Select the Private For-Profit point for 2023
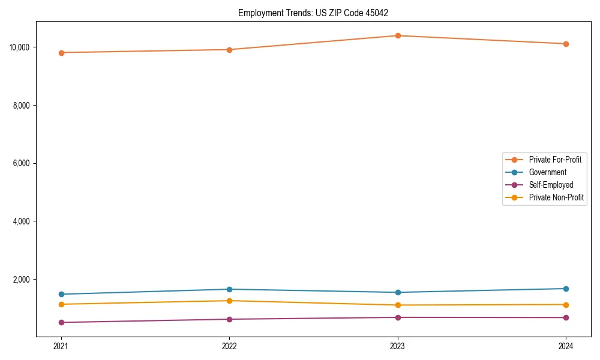[398, 35]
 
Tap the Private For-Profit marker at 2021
[61, 53]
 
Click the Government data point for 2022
[229, 289]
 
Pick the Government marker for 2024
[566, 289]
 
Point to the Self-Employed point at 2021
[61, 322]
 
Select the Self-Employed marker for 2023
[398, 317]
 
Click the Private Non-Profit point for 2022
[229, 301]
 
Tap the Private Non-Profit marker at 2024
[566, 305]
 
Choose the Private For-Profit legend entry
[555, 160]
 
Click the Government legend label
[547, 172]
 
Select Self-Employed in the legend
[551, 185]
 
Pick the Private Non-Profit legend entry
[556, 197]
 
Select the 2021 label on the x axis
[61, 346]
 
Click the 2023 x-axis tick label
[398, 346]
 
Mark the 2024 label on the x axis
[566, 346]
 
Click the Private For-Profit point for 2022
[229, 50]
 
